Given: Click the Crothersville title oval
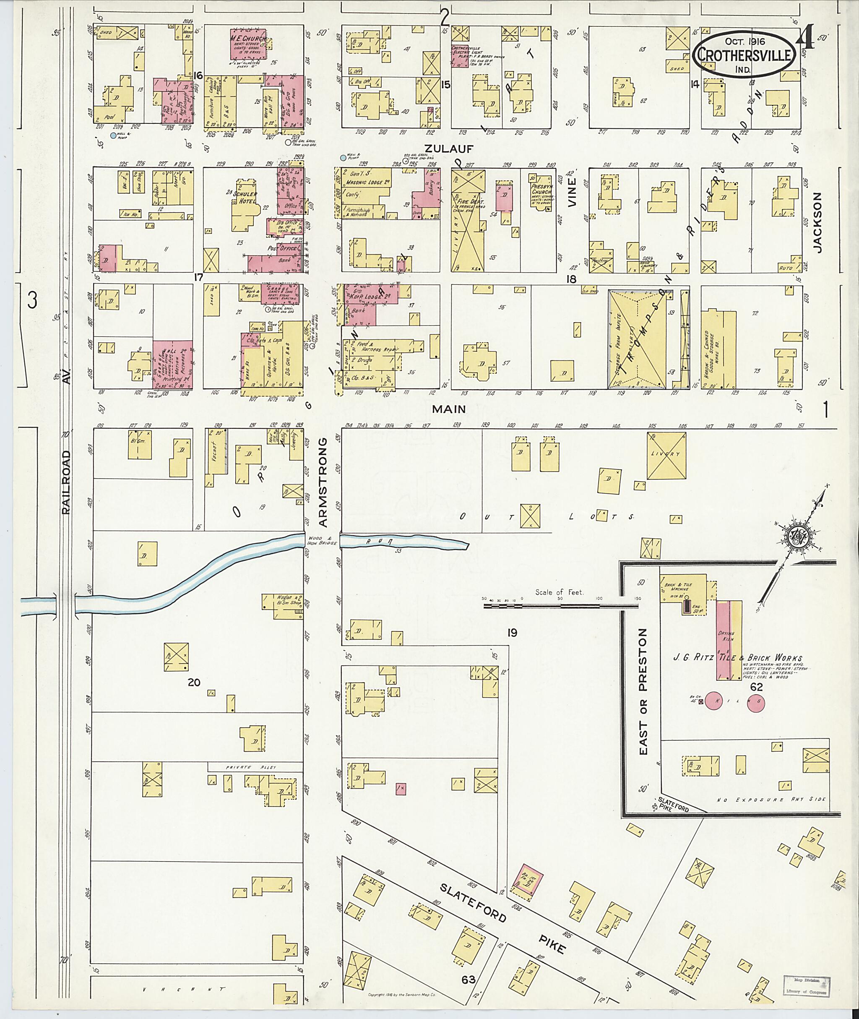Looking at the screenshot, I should (744, 55).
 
